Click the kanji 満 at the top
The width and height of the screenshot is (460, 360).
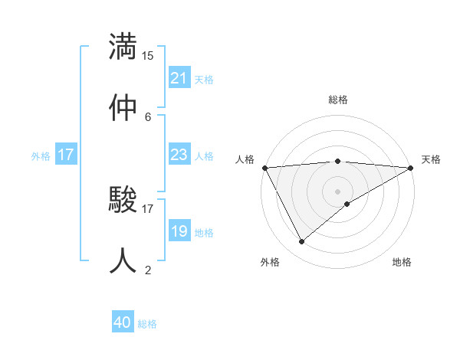coord(123,45)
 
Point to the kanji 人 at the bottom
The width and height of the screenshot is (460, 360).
coord(123,260)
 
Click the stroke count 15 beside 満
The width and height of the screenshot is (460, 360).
coord(148,56)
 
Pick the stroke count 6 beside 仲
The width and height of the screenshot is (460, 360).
coord(148,116)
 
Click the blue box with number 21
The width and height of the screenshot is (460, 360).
coord(179,78)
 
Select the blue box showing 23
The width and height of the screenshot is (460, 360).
coord(179,155)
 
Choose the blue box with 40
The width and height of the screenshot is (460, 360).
coord(123,323)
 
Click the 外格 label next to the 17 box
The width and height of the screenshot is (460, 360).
coord(41,155)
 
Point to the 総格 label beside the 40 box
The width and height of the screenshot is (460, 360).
coord(147,324)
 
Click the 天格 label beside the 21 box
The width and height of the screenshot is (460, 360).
coord(203,79)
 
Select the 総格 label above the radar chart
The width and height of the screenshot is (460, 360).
coord(337,100)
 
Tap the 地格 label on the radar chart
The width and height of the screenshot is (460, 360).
coord(402,262)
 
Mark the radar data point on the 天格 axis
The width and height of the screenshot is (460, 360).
coord(410,168)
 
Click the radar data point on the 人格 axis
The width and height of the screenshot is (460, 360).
coord(264,168)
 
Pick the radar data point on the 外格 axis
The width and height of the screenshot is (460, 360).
coord(301,242)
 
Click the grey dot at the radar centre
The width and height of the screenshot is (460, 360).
coord(337,191)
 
